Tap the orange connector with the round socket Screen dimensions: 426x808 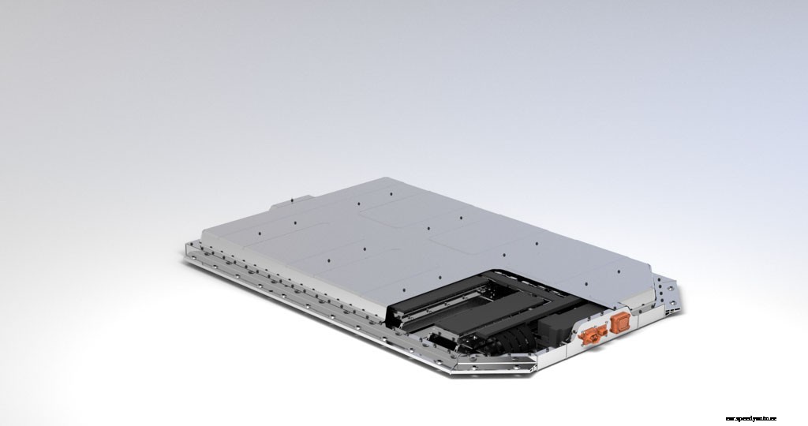click(589, 335)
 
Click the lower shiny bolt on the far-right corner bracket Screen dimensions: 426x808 click(672, 303)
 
